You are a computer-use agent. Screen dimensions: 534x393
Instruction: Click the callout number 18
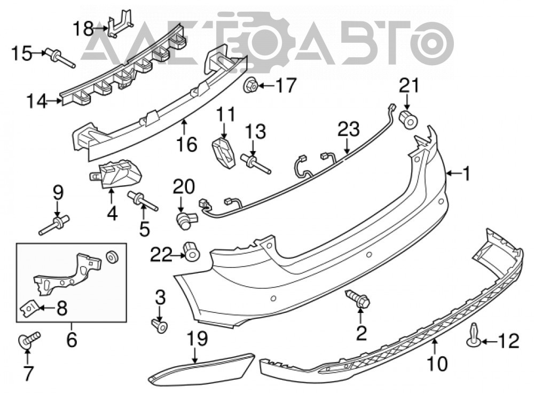83,28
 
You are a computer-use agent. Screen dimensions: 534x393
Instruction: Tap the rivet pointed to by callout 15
61,59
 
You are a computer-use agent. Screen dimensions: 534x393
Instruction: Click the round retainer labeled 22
192,251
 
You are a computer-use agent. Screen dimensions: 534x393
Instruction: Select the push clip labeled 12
475,335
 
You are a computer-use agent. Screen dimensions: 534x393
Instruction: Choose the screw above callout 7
29,340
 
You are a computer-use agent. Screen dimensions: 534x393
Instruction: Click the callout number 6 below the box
72,340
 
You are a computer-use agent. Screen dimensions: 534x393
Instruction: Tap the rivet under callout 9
54,225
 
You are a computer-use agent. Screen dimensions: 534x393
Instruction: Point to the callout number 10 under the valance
438,364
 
